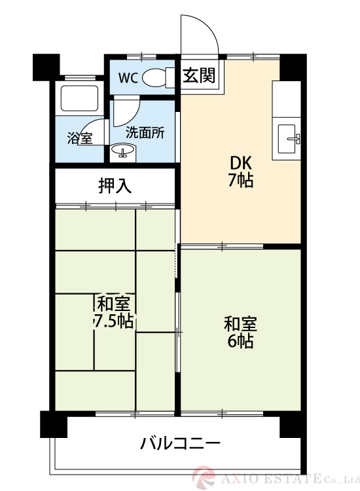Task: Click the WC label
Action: pos(128,78)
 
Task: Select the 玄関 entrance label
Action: pos(199,75)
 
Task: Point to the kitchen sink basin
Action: pos(287,139)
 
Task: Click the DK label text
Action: pos(241,163)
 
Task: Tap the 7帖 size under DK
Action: pos(241,180)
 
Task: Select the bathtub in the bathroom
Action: pos(79,99)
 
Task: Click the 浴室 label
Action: pos(80,138)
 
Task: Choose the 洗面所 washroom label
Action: pos(145,133)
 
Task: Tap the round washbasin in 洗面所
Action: pos(122,151)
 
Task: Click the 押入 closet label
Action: pos(115,186)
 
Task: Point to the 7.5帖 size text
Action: pos(114,320)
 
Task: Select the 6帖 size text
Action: pos(240,341)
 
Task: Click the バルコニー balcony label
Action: pos(180,443)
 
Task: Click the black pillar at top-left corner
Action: pos(46,67)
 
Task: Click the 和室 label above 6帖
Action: pos(240,324)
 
